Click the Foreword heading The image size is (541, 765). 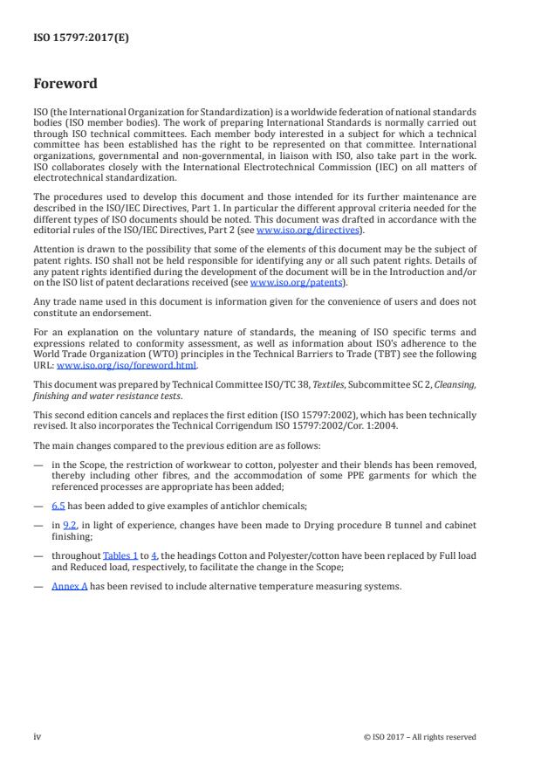click(65, 84)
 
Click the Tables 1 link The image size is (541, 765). click(120, 555)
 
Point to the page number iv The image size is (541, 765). click(37, 736)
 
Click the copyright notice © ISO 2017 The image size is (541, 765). click(420, 736)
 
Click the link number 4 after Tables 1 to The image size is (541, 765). click(154, 555)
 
